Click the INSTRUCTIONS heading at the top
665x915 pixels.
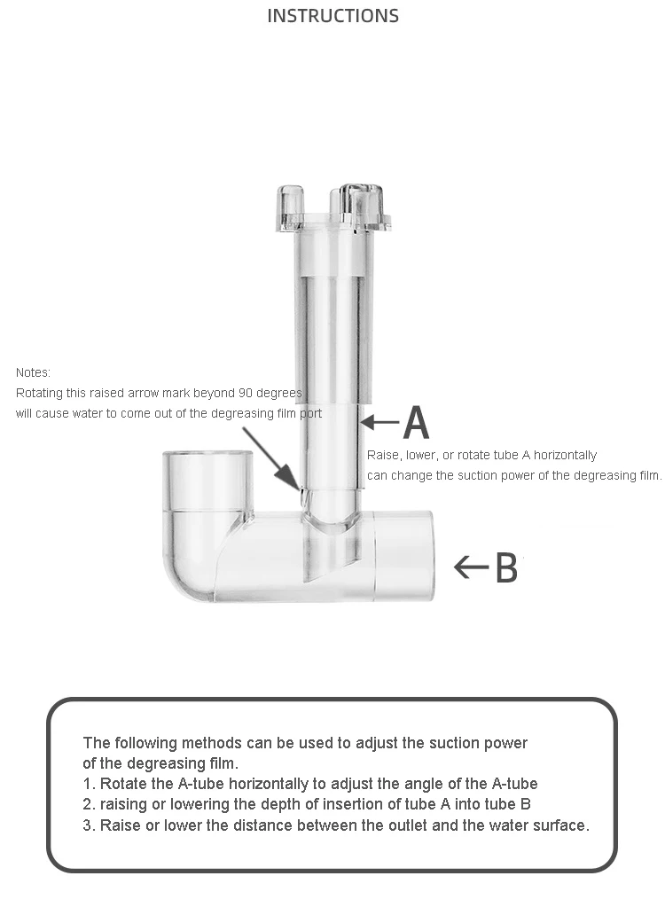tap(332, 16)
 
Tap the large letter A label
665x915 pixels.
tap(416, 423)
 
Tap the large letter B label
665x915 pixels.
tap(505, 567)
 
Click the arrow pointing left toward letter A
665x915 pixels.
tap(379, 423)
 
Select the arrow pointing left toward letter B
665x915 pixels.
tap(471, 567)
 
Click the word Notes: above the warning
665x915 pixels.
tap(33, 372)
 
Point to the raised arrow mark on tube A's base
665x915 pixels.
tap(302, 487)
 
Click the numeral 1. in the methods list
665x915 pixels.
tap(89, 784)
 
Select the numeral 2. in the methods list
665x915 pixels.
tap(89, 804)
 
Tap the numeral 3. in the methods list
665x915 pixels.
tap(89, 825)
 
